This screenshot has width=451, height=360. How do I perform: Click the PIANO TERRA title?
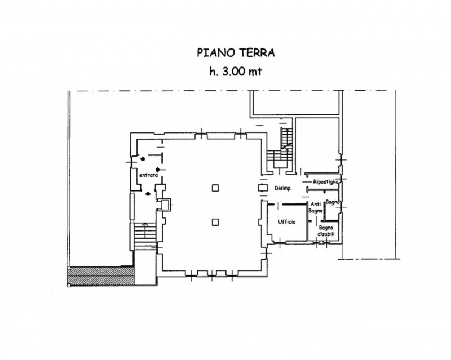click(236, 52)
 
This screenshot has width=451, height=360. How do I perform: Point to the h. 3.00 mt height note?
click(236, 72)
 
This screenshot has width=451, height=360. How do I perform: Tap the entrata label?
click(148, 175)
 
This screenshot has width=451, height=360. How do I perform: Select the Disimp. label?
click(283, 189)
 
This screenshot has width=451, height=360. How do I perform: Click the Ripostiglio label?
click(326, 182)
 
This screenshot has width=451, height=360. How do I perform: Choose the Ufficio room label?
click(287, 222)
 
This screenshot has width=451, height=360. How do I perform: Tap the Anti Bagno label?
click(316, 207)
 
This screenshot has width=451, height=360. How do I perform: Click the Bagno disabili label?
click(326, 231)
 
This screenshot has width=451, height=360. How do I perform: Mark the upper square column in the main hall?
click(215, 188)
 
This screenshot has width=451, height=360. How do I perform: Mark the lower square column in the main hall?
click(215, 222)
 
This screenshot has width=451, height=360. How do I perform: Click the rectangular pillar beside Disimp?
click(263, 188)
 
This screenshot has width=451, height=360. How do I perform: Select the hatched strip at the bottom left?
click(101, 276)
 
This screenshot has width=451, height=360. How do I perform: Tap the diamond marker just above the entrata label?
click(158, 169)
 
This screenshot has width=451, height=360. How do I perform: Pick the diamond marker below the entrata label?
click(148, 194)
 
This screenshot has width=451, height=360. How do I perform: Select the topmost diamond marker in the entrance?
click(143, 158)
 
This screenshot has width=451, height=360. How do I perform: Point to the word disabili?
click(326, 234)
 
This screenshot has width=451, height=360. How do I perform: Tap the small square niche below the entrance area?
click(165, 205)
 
